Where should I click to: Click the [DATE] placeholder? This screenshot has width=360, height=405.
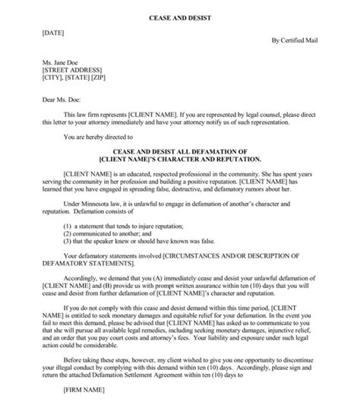43,33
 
